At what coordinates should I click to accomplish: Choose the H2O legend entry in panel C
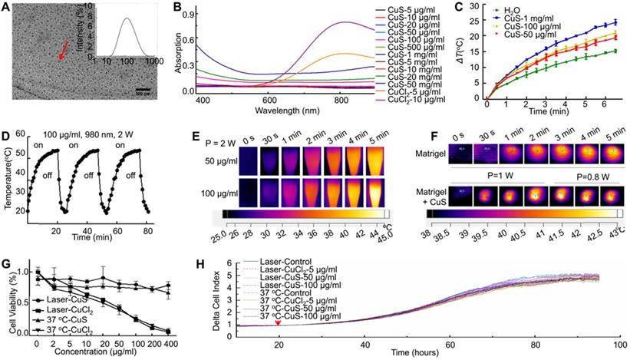pos(526,10)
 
